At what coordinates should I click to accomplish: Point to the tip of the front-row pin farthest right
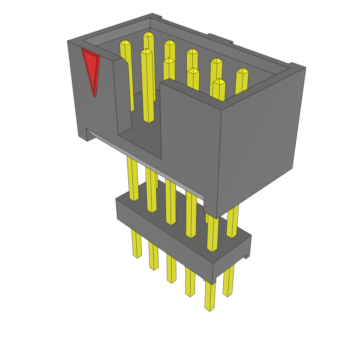219,82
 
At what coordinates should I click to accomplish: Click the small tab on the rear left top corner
157,16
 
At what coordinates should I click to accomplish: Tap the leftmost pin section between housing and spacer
133,179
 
